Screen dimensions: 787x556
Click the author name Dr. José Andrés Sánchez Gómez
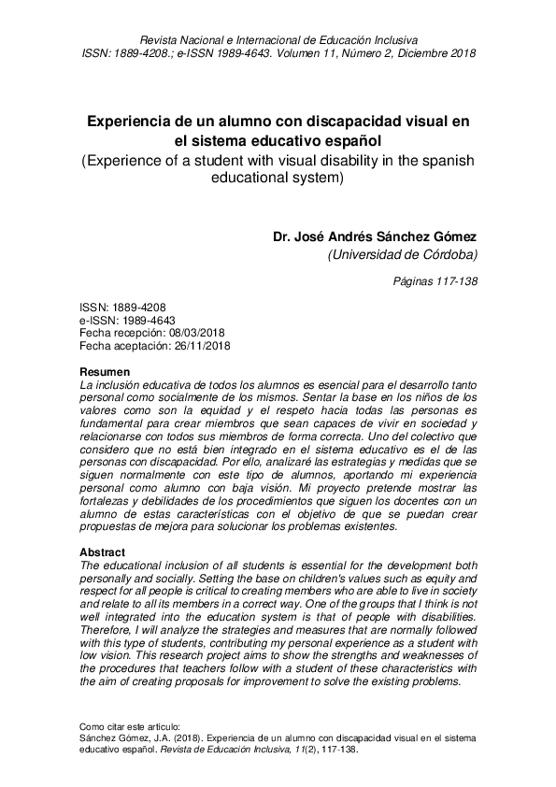375,236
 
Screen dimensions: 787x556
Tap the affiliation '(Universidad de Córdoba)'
403,254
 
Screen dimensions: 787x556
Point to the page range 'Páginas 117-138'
435,281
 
